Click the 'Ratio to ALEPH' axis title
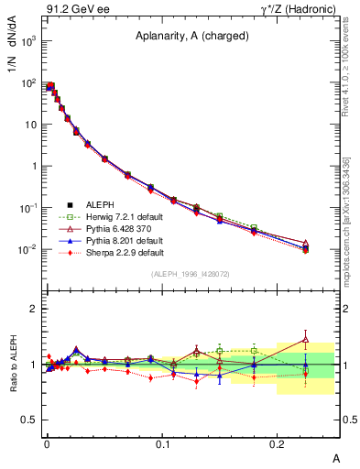point(15,364)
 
